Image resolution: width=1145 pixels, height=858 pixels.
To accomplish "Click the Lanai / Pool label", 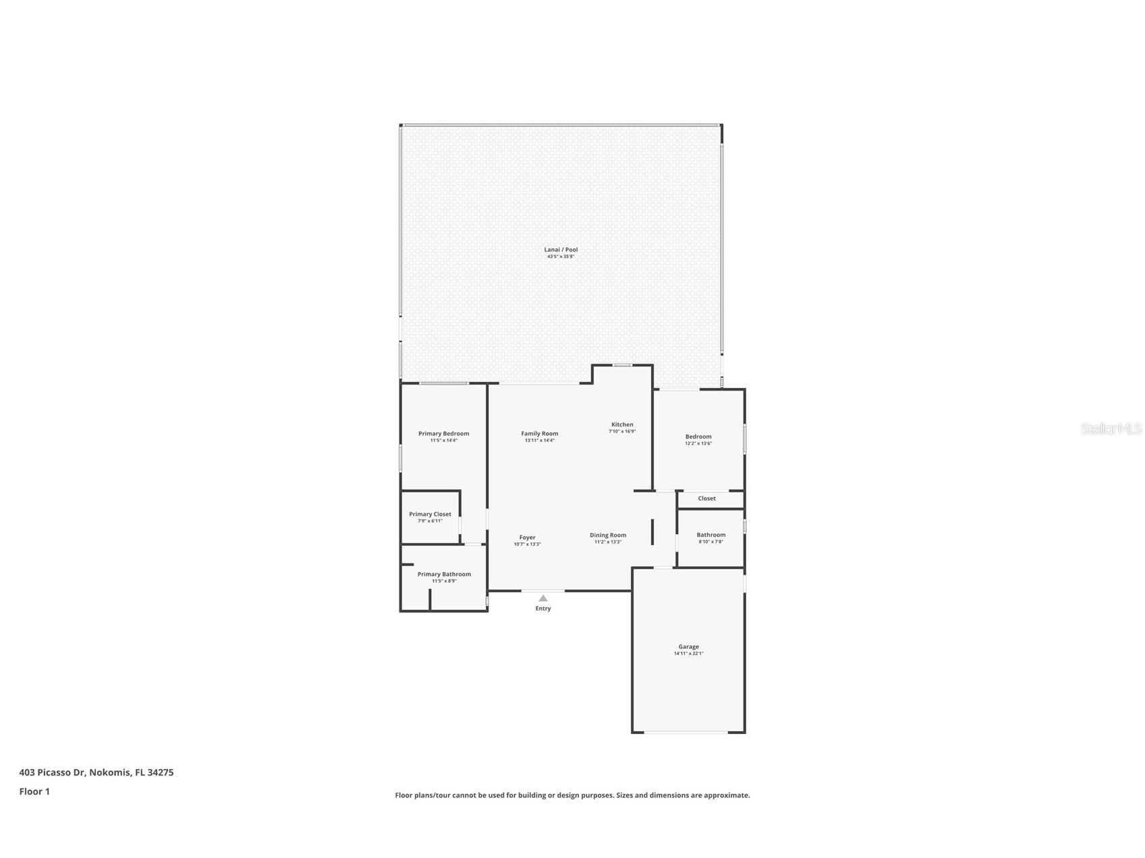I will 561,250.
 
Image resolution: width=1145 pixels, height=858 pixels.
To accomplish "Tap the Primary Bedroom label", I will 443,434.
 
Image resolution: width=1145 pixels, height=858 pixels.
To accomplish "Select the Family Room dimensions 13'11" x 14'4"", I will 539,440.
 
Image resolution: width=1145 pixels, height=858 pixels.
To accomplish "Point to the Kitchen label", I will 622,424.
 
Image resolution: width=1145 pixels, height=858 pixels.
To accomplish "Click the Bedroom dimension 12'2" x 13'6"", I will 698,443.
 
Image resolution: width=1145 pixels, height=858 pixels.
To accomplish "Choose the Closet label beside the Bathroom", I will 706,498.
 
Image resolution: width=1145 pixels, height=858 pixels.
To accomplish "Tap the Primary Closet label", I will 430,514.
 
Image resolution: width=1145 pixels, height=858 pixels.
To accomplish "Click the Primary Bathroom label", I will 444,574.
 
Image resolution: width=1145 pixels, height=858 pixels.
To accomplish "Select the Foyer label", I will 527,538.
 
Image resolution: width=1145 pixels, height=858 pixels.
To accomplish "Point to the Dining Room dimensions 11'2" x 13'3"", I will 607,542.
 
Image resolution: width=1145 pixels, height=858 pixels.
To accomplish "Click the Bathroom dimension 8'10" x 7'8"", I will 710,542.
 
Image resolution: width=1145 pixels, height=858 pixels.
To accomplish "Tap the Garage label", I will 688,646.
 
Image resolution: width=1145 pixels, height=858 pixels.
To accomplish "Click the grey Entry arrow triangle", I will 543,598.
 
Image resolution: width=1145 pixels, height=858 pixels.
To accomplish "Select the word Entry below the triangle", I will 543,608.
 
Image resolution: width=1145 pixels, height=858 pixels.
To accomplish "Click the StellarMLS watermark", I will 1111,429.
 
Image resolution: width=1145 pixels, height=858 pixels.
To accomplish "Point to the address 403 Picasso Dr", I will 52,772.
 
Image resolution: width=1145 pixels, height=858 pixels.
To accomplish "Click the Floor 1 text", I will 34,791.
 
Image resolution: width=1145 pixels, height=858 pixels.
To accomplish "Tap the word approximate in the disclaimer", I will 726,795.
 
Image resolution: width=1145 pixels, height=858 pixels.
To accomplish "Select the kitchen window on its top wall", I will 622,365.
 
